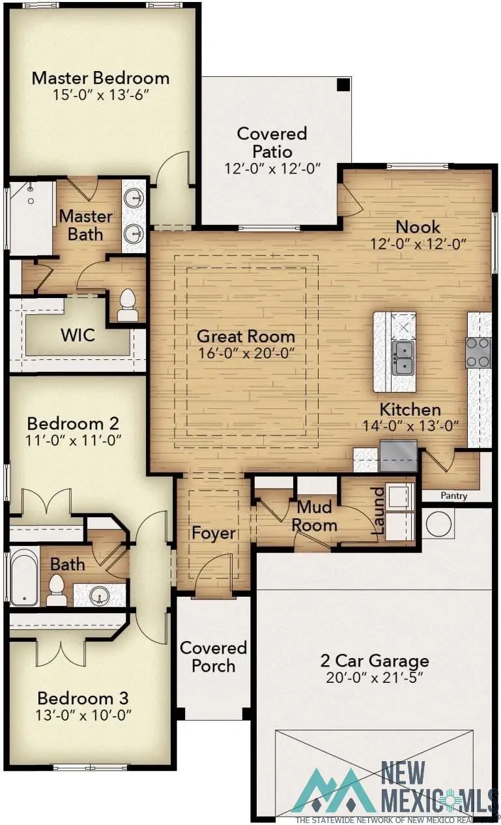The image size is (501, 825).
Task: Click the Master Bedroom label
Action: pos(100,78)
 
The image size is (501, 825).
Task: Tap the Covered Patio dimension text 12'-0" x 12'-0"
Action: pos(272,168)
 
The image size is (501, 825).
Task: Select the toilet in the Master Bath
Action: pos(128,305)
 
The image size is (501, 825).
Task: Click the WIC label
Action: pos(78,336)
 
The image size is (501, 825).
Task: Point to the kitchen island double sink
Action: pos(404,359)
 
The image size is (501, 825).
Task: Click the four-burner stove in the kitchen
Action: pos(478,352)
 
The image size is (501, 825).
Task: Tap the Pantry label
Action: pos(453,496)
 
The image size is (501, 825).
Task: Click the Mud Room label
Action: pos(314,515)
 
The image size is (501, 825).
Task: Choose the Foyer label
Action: pos(213,533)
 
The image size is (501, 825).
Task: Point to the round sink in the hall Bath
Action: pos(99,595)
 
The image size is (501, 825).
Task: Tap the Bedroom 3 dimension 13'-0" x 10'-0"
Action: pos(84,714)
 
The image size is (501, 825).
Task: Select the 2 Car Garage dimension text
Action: pos(375,677)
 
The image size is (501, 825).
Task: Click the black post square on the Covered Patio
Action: pos(342,84)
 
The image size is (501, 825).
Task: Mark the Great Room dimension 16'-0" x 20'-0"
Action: pos(246,353)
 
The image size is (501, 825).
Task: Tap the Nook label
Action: pos(418,227)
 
